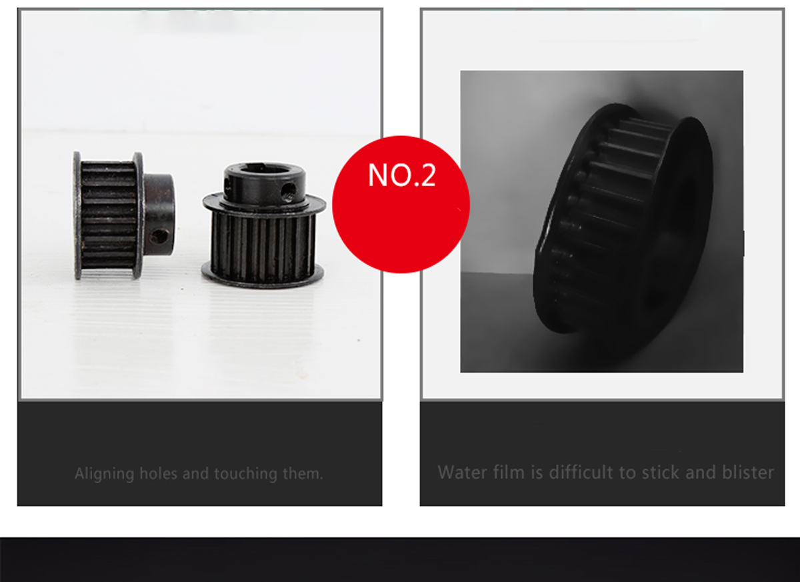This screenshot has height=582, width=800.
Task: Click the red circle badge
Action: (401, 204)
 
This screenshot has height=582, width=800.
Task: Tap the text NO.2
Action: (402, 175)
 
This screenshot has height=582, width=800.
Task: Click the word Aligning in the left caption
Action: (104, 475)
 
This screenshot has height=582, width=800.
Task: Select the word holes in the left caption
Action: (158, 473)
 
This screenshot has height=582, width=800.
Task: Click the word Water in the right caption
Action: (463, 473)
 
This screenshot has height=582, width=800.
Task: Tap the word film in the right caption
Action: (509, 472)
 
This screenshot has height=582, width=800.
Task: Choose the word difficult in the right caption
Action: (581, 472)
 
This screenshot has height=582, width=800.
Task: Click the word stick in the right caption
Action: (661, 472)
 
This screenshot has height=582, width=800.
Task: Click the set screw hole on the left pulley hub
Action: (159, 237)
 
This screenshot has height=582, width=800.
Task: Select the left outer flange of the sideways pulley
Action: (77, 215)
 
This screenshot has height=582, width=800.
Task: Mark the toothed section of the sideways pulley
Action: (109, 215)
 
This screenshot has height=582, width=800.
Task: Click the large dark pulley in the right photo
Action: (623, 219)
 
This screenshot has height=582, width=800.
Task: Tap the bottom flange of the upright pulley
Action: (263, 277)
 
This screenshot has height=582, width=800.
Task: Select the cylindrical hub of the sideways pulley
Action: (159, 214)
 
